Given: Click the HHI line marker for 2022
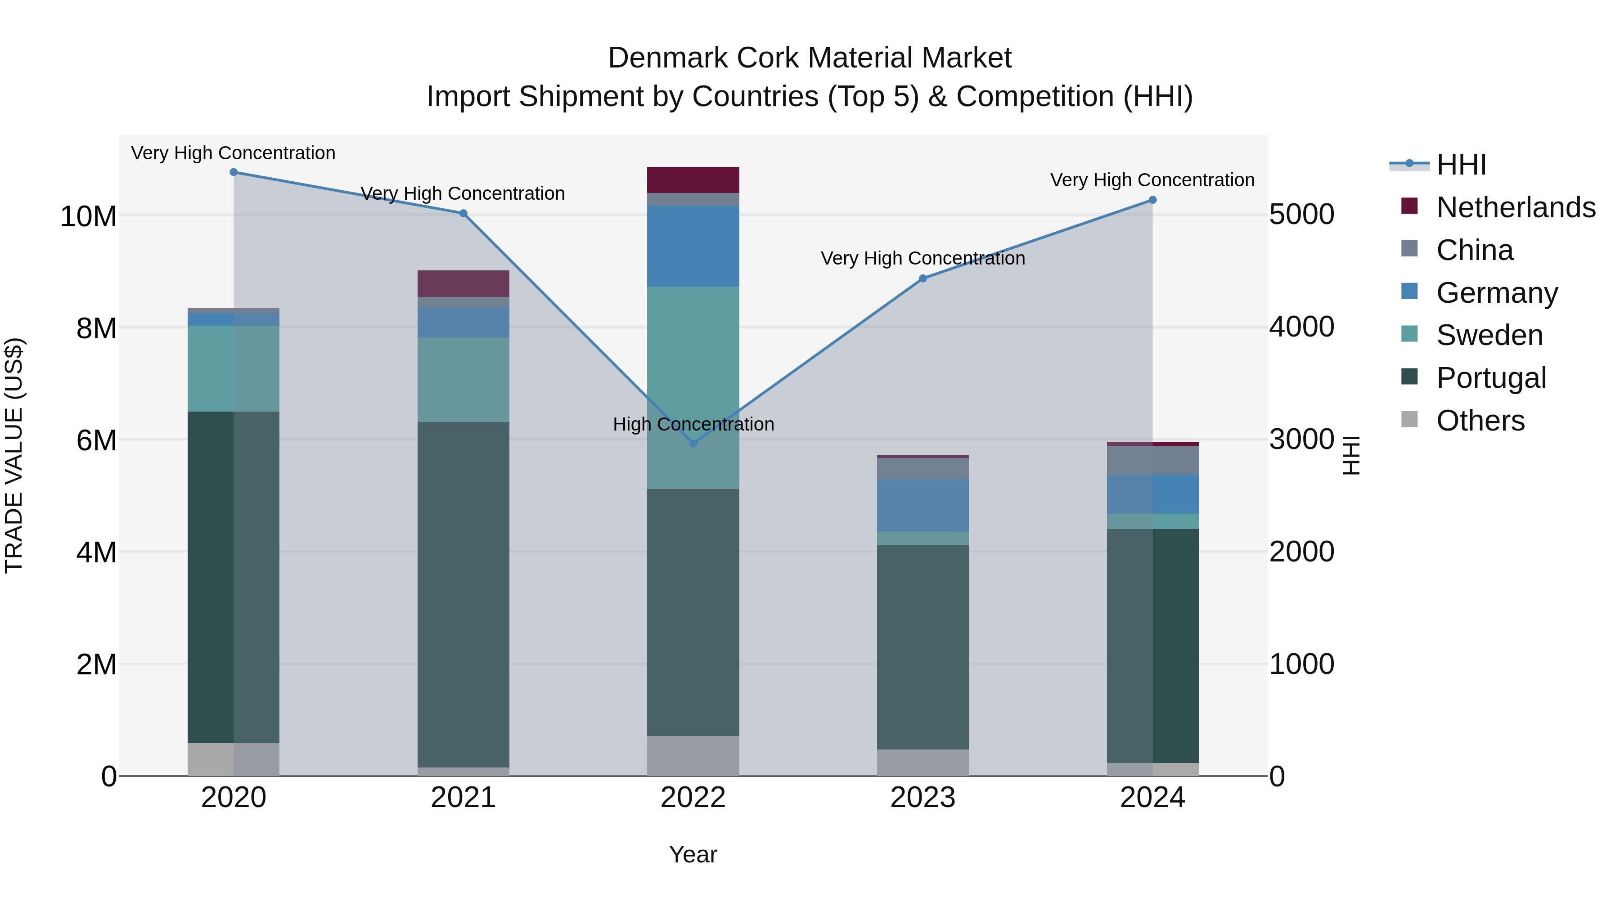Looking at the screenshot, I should point(693,443).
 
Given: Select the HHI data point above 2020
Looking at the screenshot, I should point(233,172).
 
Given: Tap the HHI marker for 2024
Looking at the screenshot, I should point(1152,200).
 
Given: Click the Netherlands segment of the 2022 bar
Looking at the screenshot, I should point(693,180).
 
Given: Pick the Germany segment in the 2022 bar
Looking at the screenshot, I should point(693,246).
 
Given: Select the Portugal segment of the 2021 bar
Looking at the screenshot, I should point(463,594).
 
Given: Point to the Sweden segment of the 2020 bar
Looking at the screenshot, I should point(233,368).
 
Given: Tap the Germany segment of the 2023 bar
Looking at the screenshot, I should point(922,506).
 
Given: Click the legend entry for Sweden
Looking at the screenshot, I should point(1489,335).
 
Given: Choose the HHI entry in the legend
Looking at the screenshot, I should point(1460,165).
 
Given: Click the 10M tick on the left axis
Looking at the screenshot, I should point(88,217).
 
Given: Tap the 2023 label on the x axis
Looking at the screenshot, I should point(922,798).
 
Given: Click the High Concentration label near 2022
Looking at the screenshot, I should point(693,424).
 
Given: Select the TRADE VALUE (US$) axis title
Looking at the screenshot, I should point(14,455).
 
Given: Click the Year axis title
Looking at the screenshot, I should point(693,854).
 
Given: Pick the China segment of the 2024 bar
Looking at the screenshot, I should point(1152,460).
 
